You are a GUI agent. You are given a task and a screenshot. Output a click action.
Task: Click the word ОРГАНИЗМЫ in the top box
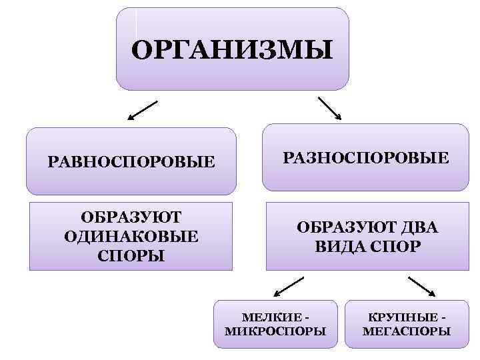click(231, 50)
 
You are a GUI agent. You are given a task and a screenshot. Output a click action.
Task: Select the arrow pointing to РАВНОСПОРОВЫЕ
click(143, 110)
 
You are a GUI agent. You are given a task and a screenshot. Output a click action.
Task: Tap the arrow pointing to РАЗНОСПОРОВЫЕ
click(329, 108)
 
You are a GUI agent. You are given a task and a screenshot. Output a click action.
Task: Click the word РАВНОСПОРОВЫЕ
click(131, 161)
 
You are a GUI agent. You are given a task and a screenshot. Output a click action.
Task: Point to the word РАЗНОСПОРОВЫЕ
click(366, 157)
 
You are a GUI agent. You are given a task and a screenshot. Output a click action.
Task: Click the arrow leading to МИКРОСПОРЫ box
click(289, 286)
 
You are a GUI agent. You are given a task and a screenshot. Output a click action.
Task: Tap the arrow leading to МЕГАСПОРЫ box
click(422, 286)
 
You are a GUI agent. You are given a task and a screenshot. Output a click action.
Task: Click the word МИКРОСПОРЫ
click(277, 331)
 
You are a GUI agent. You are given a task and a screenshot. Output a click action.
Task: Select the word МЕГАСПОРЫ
click(407, 331)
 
